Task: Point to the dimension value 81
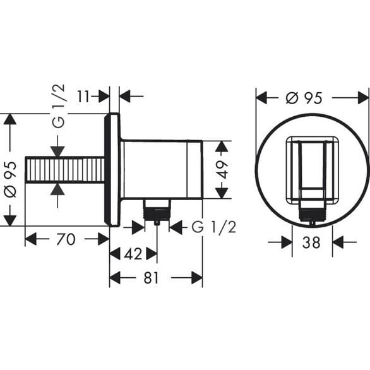point(150,278)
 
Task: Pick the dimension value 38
point(312,241)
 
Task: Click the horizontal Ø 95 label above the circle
point(304,97)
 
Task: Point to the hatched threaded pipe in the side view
point(64,169)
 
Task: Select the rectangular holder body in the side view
point(162,169)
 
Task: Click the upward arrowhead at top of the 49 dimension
point(220,146)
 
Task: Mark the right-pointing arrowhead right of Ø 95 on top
point(363,97)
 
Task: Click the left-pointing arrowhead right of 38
point(337,241)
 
